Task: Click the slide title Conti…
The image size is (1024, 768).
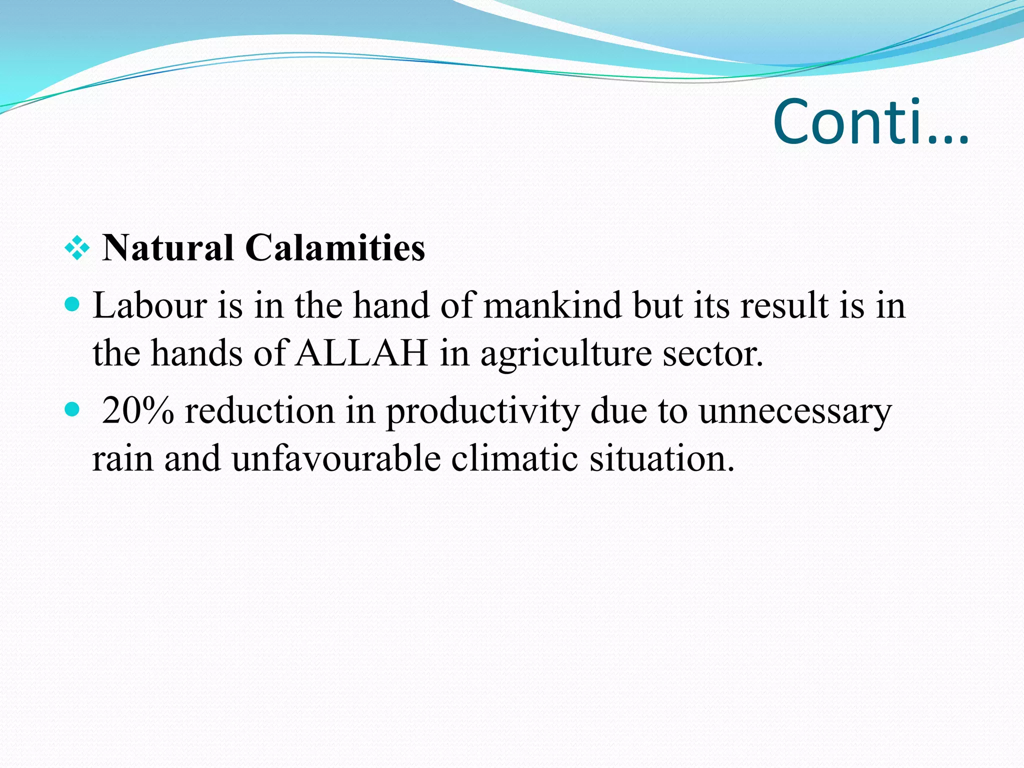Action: point(870,122)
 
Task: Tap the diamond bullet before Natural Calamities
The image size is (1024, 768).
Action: point(77,248)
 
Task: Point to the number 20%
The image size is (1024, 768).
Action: point(138,411)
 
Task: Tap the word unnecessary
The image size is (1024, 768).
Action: point(795,411)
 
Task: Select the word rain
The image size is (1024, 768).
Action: point(122,458)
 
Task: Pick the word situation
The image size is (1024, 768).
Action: point(662,458)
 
